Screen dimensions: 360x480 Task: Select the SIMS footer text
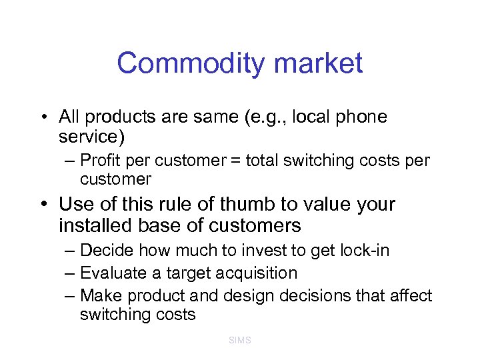click(x=239, y=340)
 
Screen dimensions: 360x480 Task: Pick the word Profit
click(x=98, y=161)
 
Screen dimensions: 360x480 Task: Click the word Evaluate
click(x=111, y=273)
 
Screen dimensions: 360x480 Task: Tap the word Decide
click(x=103, y=251)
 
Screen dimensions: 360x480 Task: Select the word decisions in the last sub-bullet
click(x=313, y=295)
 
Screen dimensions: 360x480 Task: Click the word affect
click(x=411, y=295)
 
